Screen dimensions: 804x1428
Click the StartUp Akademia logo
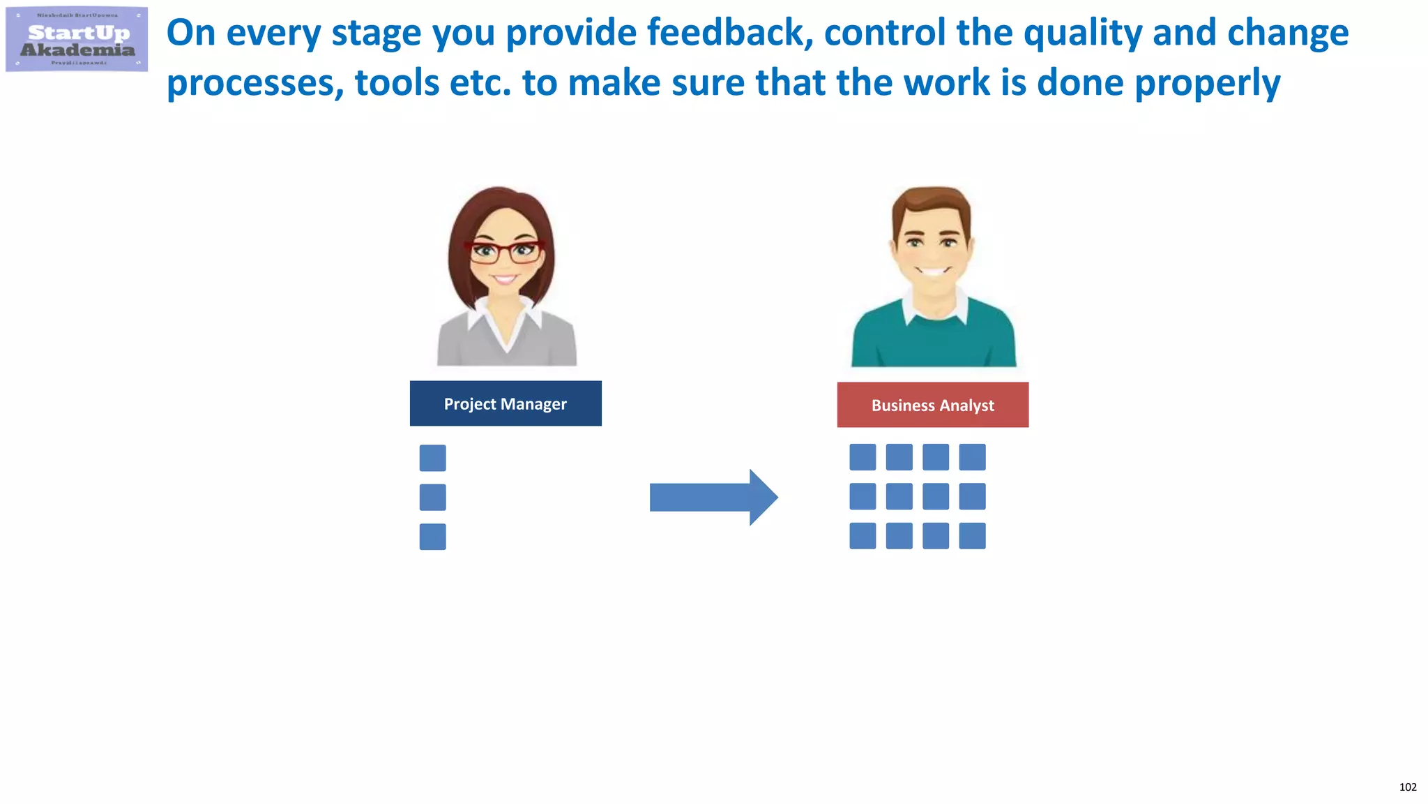tap(77, 40)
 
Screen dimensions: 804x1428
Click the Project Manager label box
tap(506, 403)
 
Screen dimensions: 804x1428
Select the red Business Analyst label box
tap(932, 405)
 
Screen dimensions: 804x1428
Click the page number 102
tap(1407, 787)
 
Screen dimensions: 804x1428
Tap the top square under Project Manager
tap(432, 458)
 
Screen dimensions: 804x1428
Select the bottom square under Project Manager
tap(432, 537)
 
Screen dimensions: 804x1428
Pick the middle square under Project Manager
tap(432, 498)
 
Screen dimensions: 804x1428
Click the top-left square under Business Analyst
tap(863, 457)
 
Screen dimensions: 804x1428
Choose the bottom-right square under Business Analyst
tap(972, 536)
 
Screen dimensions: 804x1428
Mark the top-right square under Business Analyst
tap(972, 457)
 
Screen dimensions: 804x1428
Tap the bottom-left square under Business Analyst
tap(863, 536)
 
